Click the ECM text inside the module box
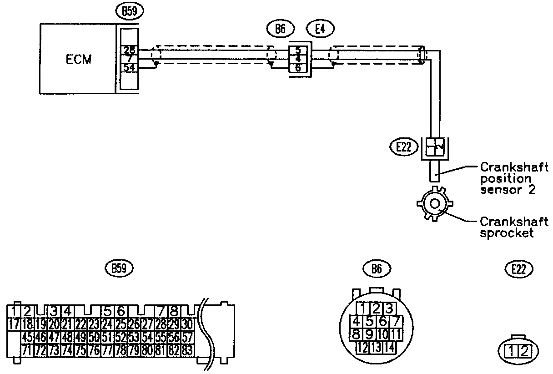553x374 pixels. (x=78, y=59)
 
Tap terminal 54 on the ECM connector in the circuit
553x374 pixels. (x=129, y=67)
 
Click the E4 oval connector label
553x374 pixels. (x=321, y=29)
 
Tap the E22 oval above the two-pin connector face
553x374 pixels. (x=519, y=269)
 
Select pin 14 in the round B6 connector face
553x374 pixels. (x=389, y=348)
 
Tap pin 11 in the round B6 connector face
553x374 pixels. (x=396, y=334)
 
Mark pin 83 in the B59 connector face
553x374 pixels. (x=187, y=350)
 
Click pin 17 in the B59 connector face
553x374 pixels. (x=14, y=324)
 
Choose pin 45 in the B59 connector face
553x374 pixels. (x=27, y=338)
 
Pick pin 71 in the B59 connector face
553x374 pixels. (x=27, y=350)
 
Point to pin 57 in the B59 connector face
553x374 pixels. (x=187, y=338)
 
